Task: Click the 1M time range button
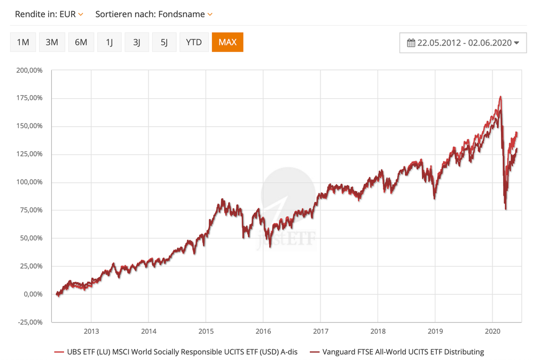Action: click(x=23, y=42)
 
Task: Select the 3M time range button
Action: click(x=52, y=42)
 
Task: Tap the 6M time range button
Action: click(x=81, y=42)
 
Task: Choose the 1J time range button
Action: click(x=109, y=42)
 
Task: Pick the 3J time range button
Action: click(x=137, y=42)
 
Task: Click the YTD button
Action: click(x=193, y=42)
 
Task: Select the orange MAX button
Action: click(x=228, y=42)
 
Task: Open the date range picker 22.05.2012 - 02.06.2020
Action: click(x=463, y=43)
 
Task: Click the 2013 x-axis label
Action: click(x=91, y=331)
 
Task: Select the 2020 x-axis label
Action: click(x=492, y=331)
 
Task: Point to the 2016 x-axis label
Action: click(x=263, y=331)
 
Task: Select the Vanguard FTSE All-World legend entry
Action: click(x=396, y=352)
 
